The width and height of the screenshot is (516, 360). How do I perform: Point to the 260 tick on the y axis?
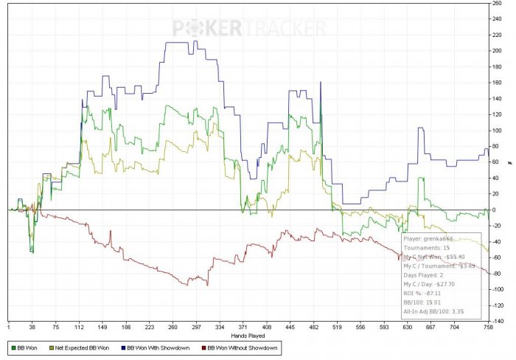[x=498, y=3]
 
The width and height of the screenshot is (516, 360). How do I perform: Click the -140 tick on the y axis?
[x=498, y=322]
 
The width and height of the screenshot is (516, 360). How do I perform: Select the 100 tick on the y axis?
[x=498, y=131]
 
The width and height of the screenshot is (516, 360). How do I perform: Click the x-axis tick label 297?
[x=197, y=328]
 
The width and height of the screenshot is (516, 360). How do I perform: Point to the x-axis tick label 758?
[x=488, y=328]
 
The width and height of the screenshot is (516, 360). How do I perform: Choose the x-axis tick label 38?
[x=32, y=328]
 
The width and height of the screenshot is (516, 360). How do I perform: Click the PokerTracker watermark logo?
[x=250, y=29]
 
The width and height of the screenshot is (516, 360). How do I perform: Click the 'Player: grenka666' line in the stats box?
[x=428, y=238]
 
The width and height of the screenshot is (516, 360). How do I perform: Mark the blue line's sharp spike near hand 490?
[x=321, y=82]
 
